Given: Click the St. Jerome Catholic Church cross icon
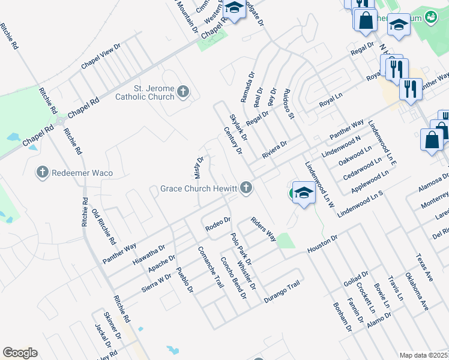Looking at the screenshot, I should pyautogui.click(x=184, y=92).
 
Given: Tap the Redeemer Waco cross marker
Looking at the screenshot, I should pyautogui.click(x=42, y=173).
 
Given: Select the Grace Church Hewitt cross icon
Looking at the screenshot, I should pyautogui.click(x=245, y=188).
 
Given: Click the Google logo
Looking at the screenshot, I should pyautogui.click(x=20, y=353).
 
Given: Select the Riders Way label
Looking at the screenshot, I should pyautogui.click(x=264, y=229).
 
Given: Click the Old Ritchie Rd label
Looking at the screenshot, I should pyautogui.click(x=104, y=227).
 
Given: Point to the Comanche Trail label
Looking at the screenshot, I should pyautogui.click(x=210, y=267).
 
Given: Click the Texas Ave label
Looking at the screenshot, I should pyautogui.click(x=424, y=268).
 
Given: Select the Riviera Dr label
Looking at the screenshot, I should pyautogui.click(x=274, y=149).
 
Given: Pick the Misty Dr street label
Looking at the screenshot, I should pyautogui.click(x=199, y=167).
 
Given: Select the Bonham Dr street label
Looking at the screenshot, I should pyautogui.click(x=342, y=317).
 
